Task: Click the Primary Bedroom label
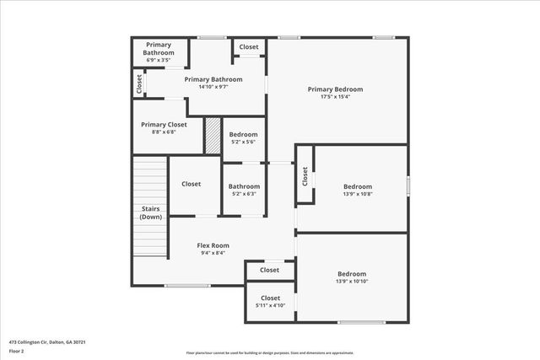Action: point(335,89)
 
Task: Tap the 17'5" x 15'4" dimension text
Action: point(335,97)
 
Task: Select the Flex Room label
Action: point(213,245)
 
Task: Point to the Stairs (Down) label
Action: point(151,212)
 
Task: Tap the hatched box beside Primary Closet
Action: point(213,136)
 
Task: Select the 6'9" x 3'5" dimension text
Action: point(159,61)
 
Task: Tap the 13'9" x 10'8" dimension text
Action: point(357,194)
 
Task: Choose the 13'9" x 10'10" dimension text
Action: point(352,281)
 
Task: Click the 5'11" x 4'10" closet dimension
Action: point(270,305)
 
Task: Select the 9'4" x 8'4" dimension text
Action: point(213,253)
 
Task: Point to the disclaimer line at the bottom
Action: point(270,353)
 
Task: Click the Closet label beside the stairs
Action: point(191,184)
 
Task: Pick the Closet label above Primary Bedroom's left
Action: point(249,47)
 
